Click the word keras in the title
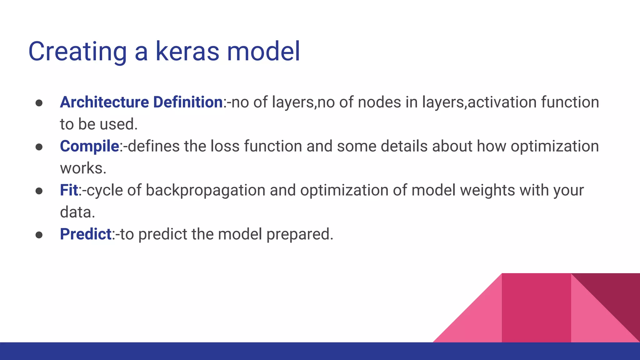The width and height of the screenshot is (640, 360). pyautogui.click(x=187, y=51)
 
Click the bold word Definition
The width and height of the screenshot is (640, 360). pyautogui.click(x=187, y=102)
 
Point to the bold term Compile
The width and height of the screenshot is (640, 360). pyautogui.click(x=89, y=146)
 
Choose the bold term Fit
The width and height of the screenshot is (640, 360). pyautogui.click(x=69, y=190)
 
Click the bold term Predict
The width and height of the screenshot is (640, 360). pyautogui.click(x=86, y=234)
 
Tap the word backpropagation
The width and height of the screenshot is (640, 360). pyautogui.click(x=205, y=191)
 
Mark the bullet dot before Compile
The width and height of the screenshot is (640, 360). pyautogui.click(x=39, y=147)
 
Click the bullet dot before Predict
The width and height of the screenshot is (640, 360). pyautogui.click(x=39, y=235)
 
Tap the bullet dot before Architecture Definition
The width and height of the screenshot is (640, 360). pyautogui.click(x=39, y=103)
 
